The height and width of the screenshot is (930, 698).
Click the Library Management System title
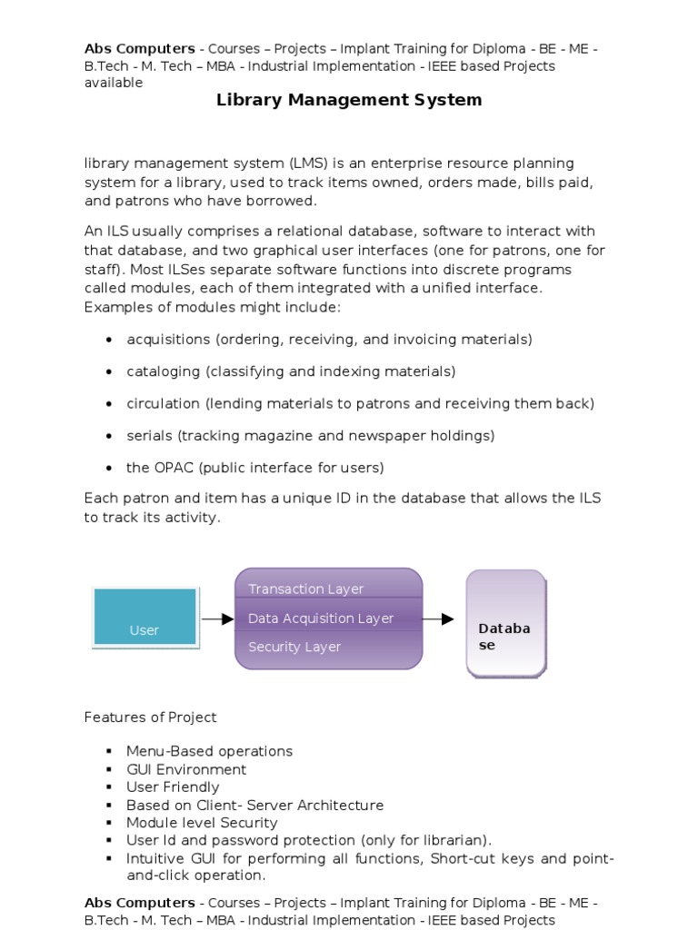coord(349,100)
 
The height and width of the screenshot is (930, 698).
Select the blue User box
coord(145,618)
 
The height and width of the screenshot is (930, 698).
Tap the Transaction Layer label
coord(305,589)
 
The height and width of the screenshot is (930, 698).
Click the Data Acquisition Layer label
coord(321,618)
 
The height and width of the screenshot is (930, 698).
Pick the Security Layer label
coord(294,647)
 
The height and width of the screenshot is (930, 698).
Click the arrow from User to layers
coord(217,619)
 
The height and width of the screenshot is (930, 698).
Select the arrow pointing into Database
coord(439,619)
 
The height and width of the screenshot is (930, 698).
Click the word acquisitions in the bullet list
coord(168,339)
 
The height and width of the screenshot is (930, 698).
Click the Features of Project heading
coord(151,717)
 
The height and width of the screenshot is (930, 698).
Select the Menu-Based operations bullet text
coord(209,751)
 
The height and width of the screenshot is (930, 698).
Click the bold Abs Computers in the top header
coord(139,49)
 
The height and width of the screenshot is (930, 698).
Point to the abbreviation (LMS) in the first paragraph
coord(308,163)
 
